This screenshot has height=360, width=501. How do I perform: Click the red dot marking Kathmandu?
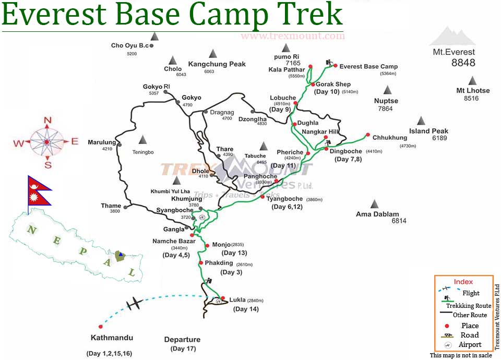pos(100,327)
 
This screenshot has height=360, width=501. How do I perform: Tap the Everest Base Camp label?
pos(368,66)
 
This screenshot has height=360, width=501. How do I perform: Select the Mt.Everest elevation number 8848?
pos(463,63)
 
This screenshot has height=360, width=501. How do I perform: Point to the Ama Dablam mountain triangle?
pos(374,203)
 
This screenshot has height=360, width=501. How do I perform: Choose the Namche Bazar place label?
pos(174,241)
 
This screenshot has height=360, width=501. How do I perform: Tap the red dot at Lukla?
pos(223,298)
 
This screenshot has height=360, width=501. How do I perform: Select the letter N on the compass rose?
pos(47,121)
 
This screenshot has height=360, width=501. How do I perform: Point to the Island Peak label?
pos(428,131)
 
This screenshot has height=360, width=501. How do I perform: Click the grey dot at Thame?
pos(125,207)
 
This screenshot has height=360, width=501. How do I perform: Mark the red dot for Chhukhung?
pos(368,134)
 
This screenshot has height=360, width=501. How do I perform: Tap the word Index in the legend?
pos(463,282)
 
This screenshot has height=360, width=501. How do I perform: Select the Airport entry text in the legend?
pos(470,344)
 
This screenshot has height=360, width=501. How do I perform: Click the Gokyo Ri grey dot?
pos(165,92)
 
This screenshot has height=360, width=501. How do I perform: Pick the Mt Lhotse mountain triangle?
pos(472,80)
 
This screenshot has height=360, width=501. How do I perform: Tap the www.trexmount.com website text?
pos(292,36)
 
